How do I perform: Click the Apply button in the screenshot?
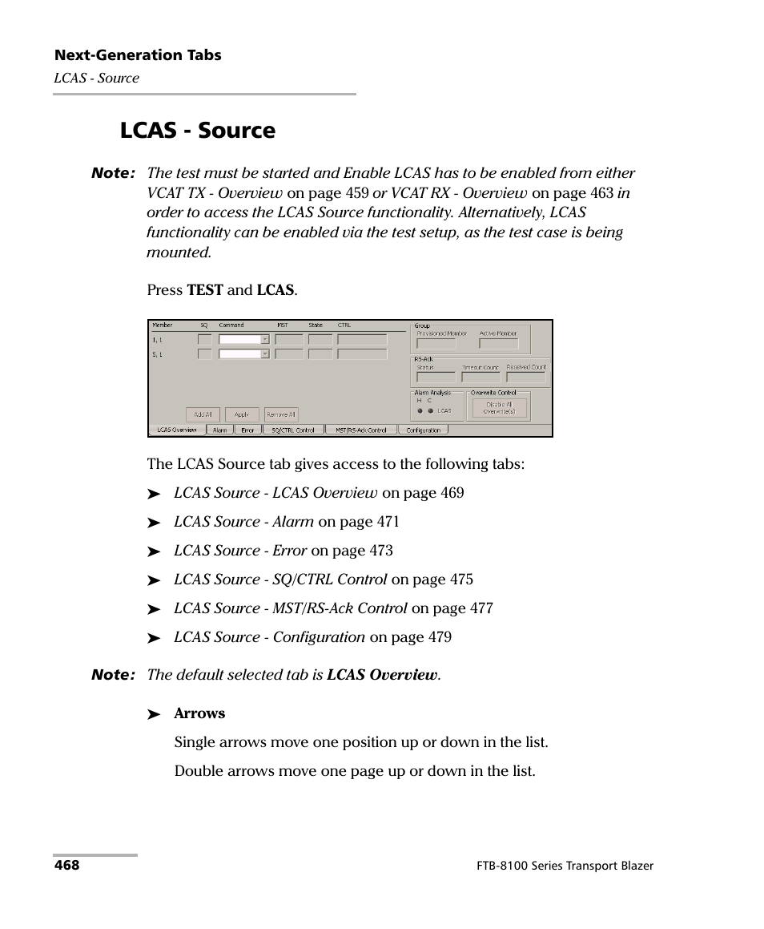pyautogui.click(x=242, y=414)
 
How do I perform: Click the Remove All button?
pyautogui.click(x=280, y=414)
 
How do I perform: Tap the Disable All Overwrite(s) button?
pyautogui.click(x=500, y=408)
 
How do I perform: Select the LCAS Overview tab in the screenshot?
pyautogui.click(x=177, y=430)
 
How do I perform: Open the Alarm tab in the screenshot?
pyautogui.click(x=219, y=430)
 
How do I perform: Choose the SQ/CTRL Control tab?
pyautogui.click(x=293, y=430)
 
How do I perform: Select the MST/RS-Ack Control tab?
pyautogui.click(x=361, y=430)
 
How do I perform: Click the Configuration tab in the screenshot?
pyautogui.click(x=423, y=430)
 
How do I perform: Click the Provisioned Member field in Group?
pyautogui.click(x=436, y=344)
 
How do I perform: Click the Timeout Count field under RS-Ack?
pyautogui.click(x=481, y=378)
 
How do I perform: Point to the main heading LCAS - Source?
pyautogui.click(x=198, y=131)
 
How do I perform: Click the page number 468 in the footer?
pyautogui.click(x=67, y=866)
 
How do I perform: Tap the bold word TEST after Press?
pyautogui.click(x=205, y=290)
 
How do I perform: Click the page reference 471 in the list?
pyautogui.click(x=388, y=522)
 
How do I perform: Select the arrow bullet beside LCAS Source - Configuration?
pyautogui.click(x=155, y=638)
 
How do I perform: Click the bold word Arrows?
pyautogui.click(x=199, y=713)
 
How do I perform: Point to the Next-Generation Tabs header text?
pyautogui.click(x=138, y=55)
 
